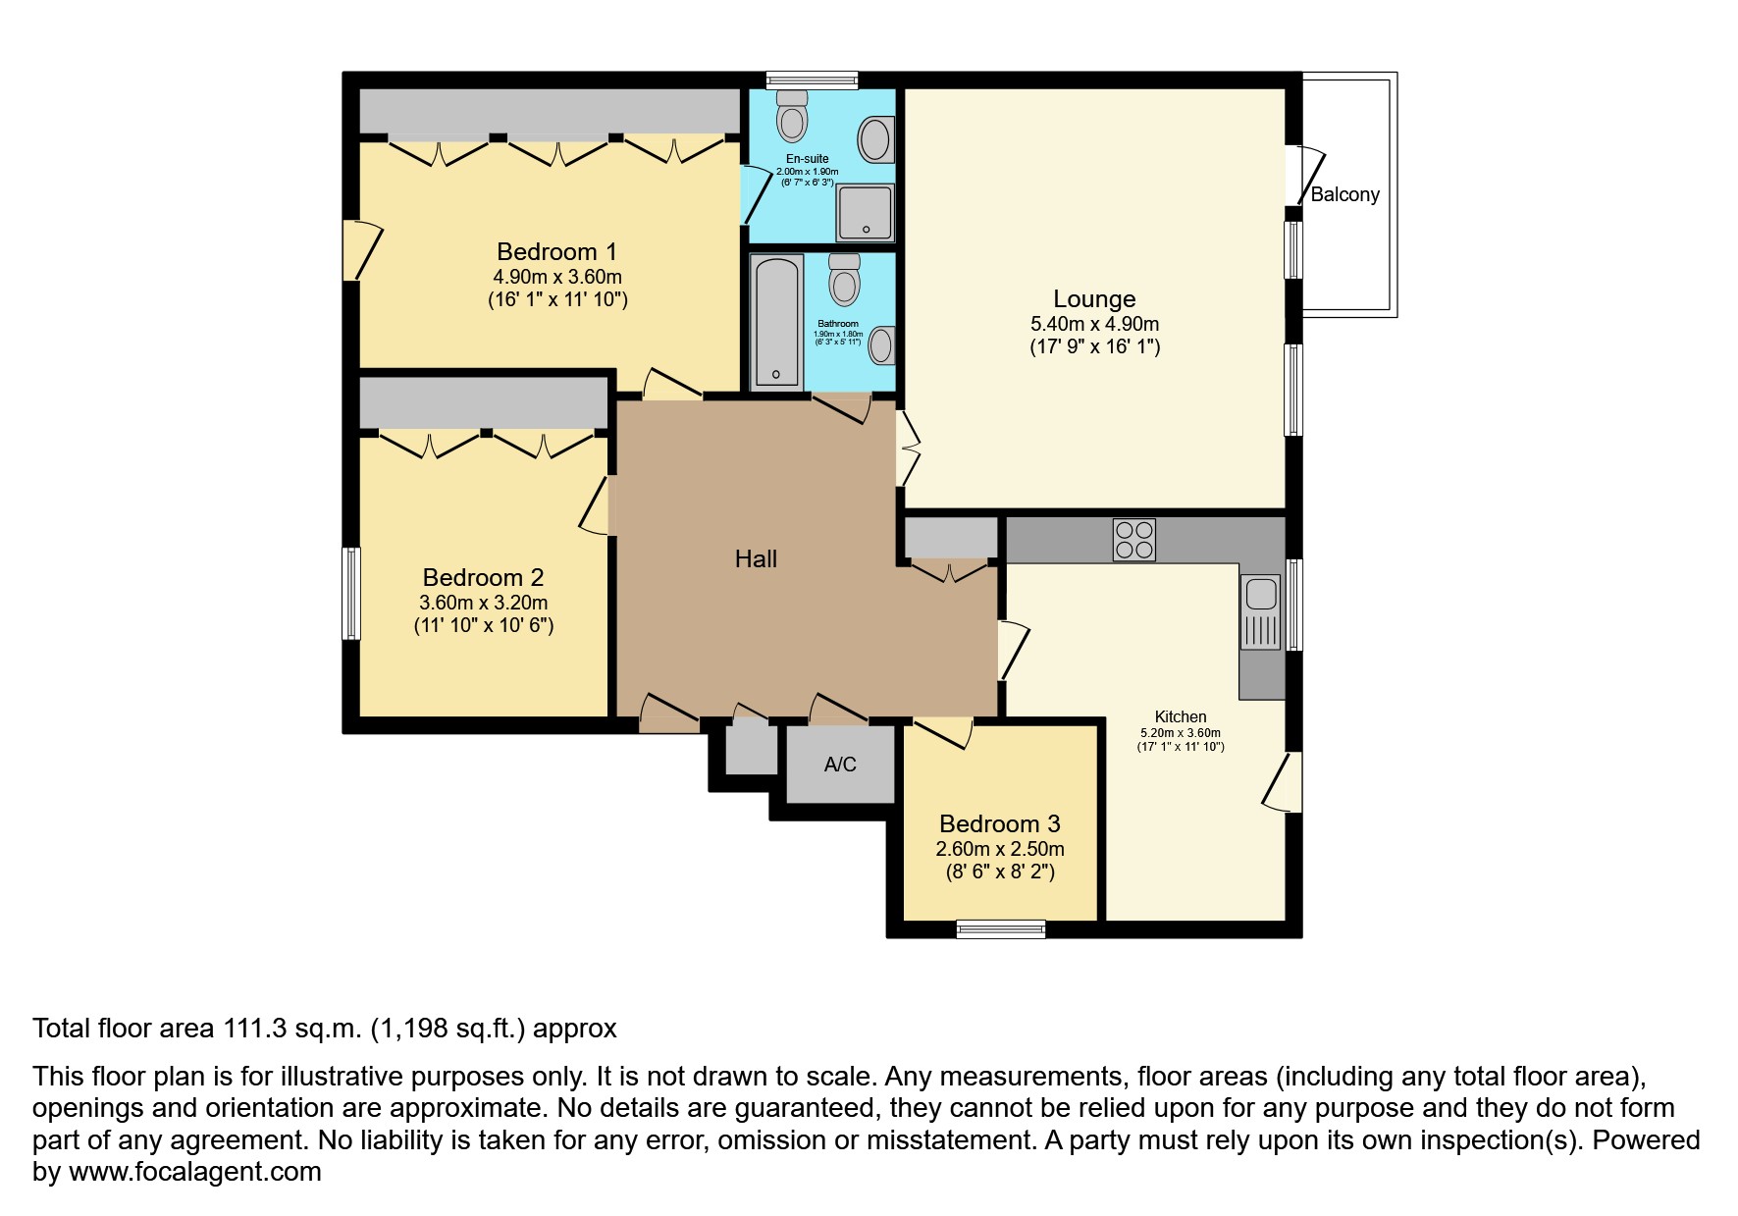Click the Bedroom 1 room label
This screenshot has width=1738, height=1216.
click(556, 252)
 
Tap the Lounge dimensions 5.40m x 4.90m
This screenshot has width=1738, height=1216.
click(1094, 324)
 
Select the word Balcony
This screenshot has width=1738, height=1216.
click(1344, 194)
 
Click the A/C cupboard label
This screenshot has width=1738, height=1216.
click(840, 765)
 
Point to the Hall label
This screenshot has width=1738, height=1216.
click(756, 559)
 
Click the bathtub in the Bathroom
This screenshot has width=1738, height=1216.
click(776, 322)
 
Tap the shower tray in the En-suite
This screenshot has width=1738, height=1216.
click(866, 211)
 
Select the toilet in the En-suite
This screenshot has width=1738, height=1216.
click(791, 116)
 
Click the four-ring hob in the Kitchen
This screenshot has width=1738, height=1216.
click(1133, 540)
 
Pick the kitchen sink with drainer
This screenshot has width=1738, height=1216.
click(1261, 612)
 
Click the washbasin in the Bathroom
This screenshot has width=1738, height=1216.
click(882, 345)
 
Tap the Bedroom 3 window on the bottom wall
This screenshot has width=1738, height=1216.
click(1001, 928)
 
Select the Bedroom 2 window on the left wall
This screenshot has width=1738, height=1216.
click(351, 594)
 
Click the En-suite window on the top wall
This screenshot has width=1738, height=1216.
click(812, 80)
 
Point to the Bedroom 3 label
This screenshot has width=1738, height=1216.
click(1000, 824)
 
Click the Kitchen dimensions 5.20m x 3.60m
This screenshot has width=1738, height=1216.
click(1181, 733)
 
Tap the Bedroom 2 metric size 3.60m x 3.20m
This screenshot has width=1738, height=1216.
click(484, 603)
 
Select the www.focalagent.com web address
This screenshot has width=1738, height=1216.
click(195, 1172)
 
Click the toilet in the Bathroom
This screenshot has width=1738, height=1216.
click(844, 281)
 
